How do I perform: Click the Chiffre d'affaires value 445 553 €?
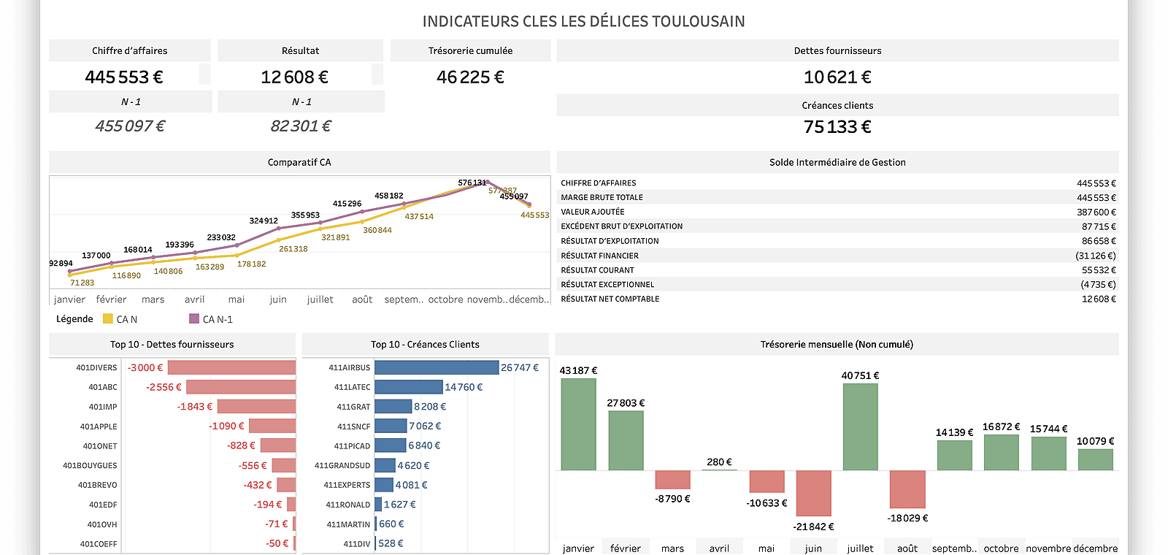coord(124,77)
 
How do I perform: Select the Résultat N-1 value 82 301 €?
coord(301,126)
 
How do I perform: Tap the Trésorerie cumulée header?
coord(470,50)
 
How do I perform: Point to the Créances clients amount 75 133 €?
coord(837,127)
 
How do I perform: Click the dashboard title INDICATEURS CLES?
coord(583,21)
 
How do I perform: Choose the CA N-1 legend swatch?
coord(194,318)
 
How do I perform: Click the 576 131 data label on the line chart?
coord(472,183)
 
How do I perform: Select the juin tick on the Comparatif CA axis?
coord(278,299)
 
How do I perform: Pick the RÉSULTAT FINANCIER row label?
coord(599,256)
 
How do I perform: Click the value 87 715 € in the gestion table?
coord(1099,226)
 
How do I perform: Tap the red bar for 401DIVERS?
coord(232,367)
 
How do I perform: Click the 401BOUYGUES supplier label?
coord(90,465)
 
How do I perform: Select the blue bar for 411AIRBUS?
coord(437,367)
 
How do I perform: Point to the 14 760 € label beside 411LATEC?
coord(464,387)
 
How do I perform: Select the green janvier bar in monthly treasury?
coord(578,424)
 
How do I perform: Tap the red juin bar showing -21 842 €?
coord(813,493)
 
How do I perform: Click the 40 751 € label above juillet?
coord(860,375)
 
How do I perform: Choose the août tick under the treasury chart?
coord(907,548)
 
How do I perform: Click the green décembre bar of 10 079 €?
coord(1095,459)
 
